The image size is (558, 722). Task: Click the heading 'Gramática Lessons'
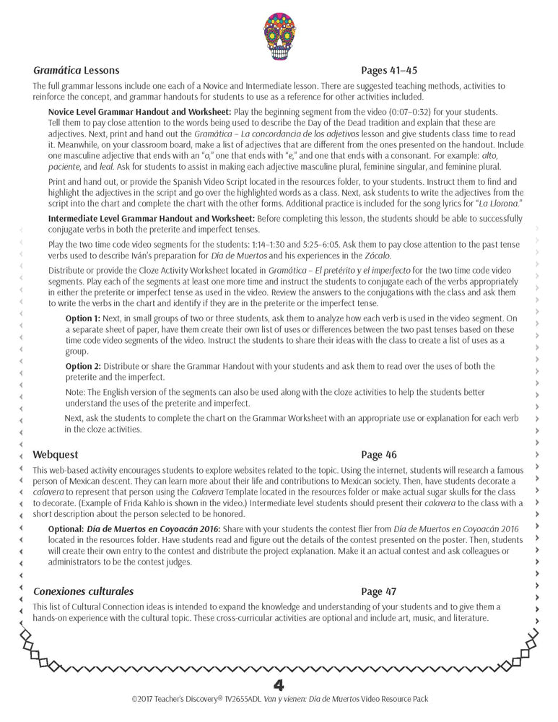click(76, 71)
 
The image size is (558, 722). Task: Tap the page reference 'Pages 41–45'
click(388, 71)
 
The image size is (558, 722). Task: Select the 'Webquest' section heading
click(56, 455)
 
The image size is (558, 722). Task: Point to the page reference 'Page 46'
click(378, 455)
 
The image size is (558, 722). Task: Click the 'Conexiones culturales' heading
click(83, 591)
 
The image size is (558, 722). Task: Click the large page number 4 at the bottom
click(279, 684)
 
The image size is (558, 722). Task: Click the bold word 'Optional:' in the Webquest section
click(64, 529)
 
